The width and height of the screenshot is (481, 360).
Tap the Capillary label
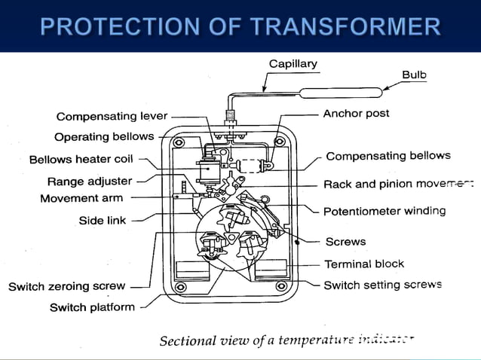(x=293, y=64)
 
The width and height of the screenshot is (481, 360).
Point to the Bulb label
(x=414, y=75)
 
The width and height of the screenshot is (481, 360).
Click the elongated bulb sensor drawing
(x=343, y=93)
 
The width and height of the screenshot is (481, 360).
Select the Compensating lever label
(x=112, y=117)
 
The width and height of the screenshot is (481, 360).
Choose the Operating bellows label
(x=104, y=137)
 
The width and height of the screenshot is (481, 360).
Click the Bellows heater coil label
(x=81, y=160)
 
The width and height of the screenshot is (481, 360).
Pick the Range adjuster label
(x=89, y=182)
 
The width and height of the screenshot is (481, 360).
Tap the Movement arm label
(x=81, y=199)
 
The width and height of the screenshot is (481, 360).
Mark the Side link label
(x=103, y=221)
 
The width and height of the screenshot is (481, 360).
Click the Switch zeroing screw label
(x=66, y=287)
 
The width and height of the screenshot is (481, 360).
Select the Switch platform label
(x=92, y=307)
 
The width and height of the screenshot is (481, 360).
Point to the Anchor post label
(x=357, y=114)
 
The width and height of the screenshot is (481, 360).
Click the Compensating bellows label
(x=388, y=157)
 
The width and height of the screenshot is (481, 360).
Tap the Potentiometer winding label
(x=384, y=211)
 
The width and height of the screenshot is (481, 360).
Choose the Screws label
(x=345, y=242)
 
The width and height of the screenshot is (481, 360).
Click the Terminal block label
(x=364, y=264)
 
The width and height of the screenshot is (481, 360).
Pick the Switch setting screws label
(x=382, y=285)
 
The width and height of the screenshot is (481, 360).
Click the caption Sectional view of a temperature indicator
(x=286, y=340)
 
